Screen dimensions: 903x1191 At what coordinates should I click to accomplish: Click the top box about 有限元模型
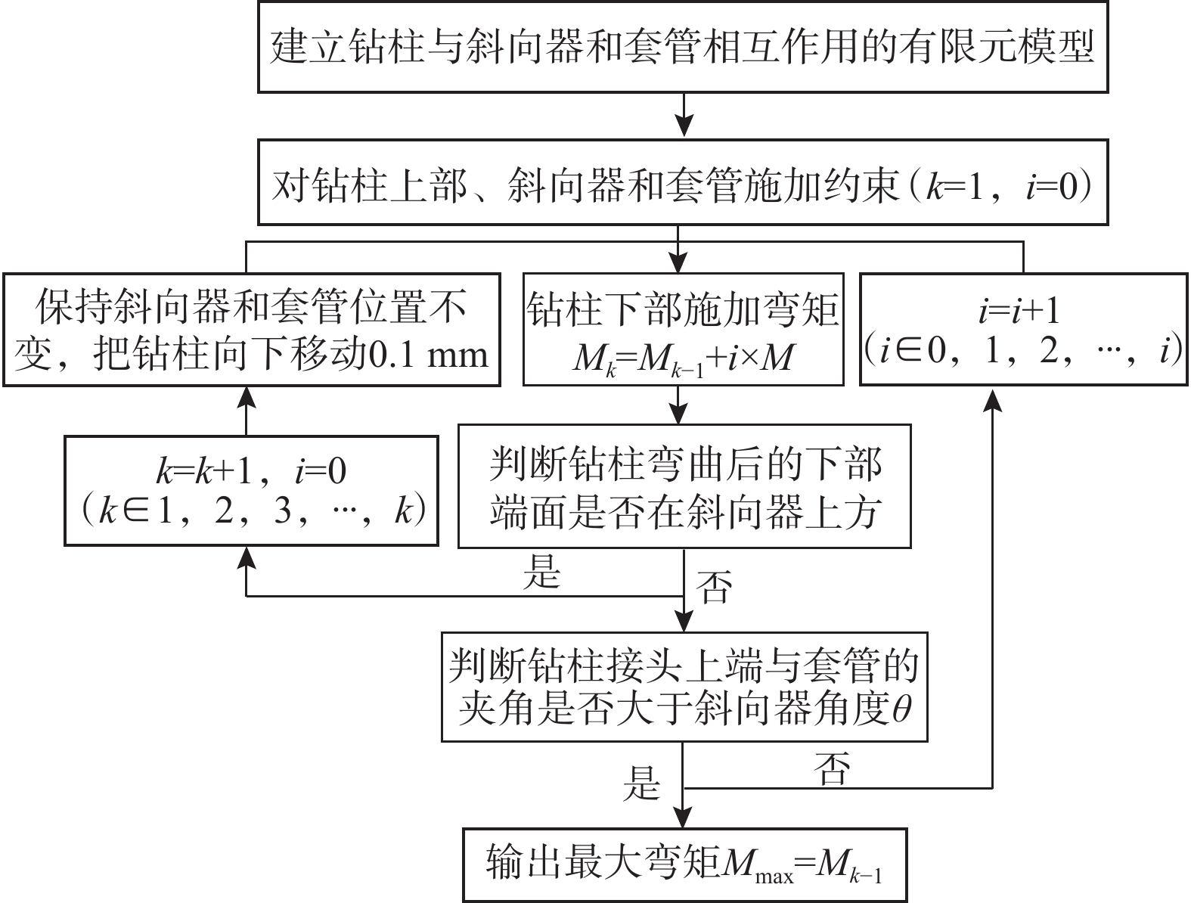pyautogui.click(x=683, y=46)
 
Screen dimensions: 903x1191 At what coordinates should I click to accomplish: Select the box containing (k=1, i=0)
pyautogui.click(x=683, y=182)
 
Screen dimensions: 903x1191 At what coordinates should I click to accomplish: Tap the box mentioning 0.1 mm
pyautogui.click(x=251, y=330)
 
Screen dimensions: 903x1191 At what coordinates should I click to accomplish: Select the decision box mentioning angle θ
pyautogui.click(x=684, y=687)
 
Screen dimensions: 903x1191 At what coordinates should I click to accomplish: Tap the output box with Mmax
pyautogui.click(x=684, y=864)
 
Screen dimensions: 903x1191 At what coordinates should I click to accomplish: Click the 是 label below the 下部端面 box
pyautogui.click(x=541, y=573)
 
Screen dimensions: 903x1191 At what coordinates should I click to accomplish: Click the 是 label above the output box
pyautogui.click(x=641, y=784)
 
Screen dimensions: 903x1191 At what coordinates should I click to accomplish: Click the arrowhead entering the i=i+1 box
pyautogui.click(x=993, y=398)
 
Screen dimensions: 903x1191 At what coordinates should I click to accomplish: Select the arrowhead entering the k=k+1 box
pyautogui.click(x=246, y=558)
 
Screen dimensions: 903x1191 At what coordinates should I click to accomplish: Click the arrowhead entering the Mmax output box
pyautogui.click(x=684, y=818)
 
